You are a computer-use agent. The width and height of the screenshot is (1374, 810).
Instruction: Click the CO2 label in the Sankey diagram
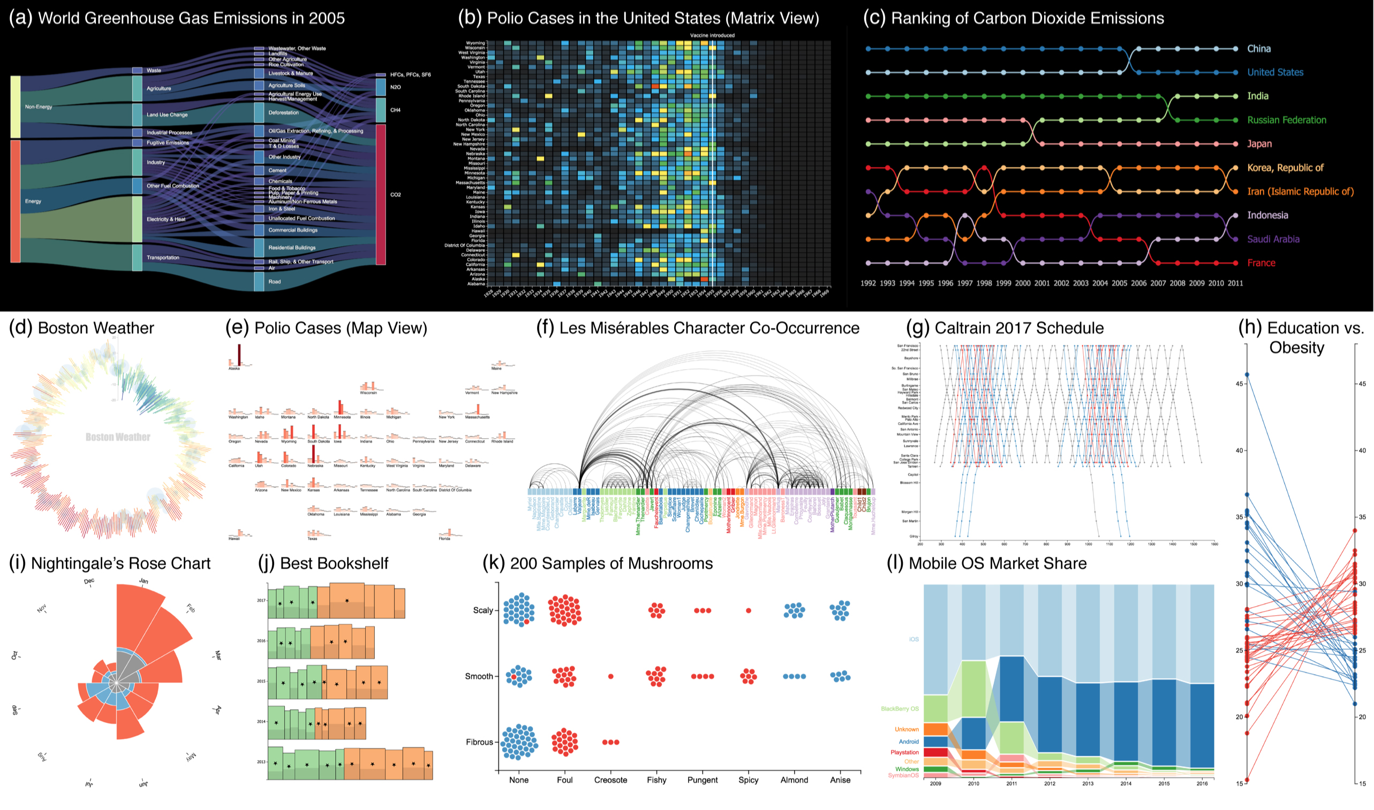(395, 195)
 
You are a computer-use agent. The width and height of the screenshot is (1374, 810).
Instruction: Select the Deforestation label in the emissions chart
(283, 113)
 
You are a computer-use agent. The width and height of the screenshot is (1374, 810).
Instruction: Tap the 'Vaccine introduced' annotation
(712, 35)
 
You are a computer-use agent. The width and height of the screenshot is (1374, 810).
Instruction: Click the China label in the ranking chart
(1258, 49)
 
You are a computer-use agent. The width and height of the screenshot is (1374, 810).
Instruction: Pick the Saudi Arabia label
(1272, 239)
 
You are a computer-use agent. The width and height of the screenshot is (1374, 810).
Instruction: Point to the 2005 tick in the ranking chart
(1119, 283)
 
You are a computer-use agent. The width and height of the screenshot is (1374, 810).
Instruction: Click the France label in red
(1261, 263)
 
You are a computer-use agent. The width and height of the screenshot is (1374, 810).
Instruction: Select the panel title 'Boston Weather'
(96, 328)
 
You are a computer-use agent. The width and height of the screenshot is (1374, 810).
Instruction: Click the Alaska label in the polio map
(234, 369)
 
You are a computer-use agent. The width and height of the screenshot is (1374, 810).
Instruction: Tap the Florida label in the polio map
(444, 539)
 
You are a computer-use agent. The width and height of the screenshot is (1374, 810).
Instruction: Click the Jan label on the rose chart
(144, 582)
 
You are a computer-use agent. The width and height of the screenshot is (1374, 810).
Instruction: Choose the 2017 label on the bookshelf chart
(261, 601)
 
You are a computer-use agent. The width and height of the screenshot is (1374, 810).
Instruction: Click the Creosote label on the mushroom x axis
(610, 780)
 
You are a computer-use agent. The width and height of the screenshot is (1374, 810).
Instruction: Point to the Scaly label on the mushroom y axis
(483, 610)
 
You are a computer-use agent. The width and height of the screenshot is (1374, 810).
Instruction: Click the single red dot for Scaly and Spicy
(748, 611)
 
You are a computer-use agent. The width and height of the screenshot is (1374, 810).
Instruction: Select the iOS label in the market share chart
(914, 640)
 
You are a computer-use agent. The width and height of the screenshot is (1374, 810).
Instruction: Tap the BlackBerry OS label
(900, 709)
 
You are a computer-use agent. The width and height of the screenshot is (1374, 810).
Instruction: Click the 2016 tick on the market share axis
(1202, 784)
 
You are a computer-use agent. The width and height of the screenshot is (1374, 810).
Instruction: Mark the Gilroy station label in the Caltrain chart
(914, 537)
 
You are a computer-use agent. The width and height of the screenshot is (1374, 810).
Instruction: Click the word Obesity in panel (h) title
(1296, 348)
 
